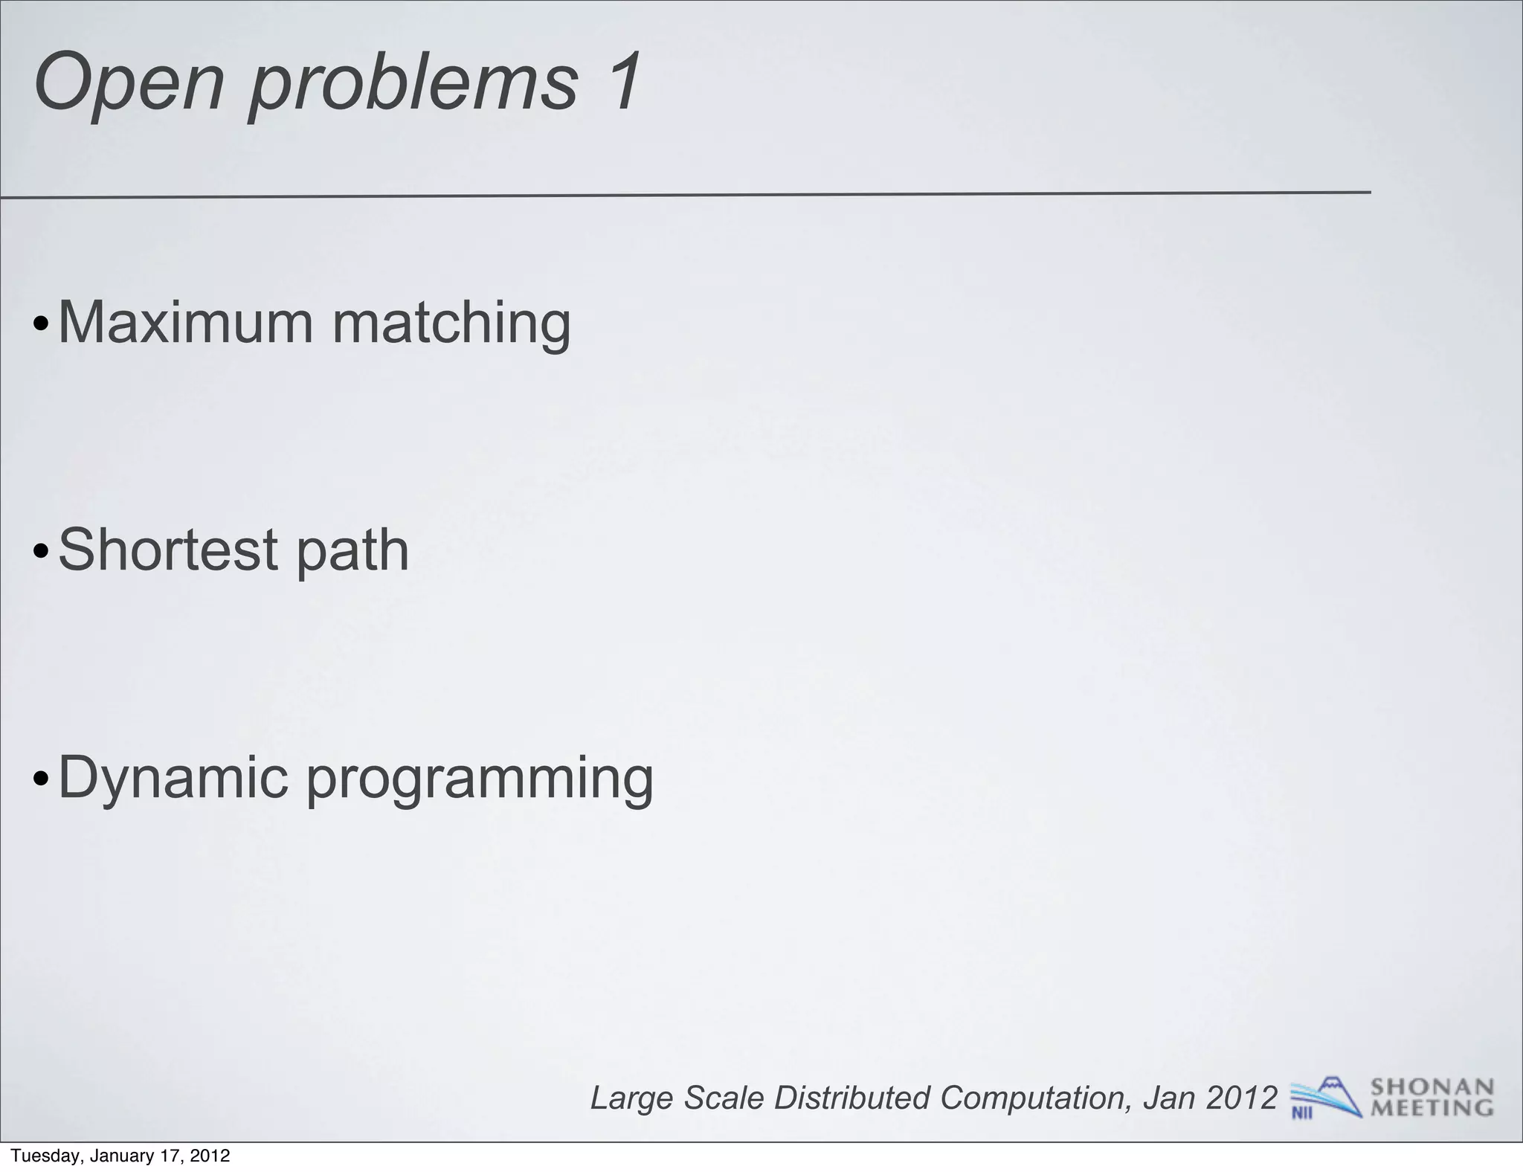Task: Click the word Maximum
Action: pyautogui.click(x=185, y=323)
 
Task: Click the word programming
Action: pyautogui.click(x=480, y=780)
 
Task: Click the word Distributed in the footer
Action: pyautogui.click(x=852, y=1098)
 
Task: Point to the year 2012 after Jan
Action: pyautogui.click(x=1241, y=1098)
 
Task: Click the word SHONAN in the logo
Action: pyautogui.click(x=1432, y=1087)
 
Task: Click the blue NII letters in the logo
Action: pyautogui.click(x=1301, y=1113)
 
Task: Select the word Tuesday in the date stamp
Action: pyautogui.click(x=42, y=1156)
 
